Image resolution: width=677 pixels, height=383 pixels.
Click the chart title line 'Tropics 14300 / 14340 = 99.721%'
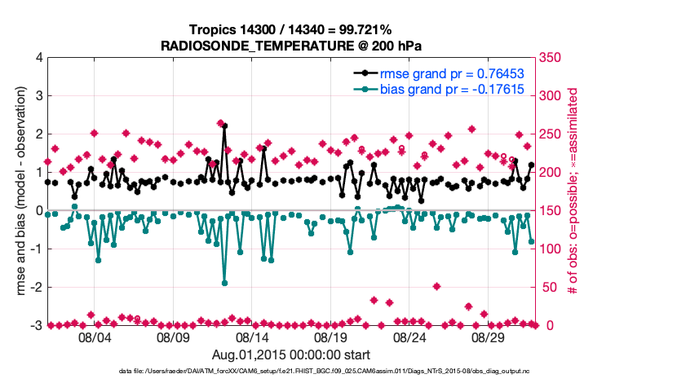(292, 29)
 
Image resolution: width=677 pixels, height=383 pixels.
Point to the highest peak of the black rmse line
(224, 126)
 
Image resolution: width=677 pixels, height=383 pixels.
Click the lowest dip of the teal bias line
(224, 283)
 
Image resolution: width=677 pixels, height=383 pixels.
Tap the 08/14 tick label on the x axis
(252, 337)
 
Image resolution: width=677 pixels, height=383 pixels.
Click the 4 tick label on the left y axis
(38, 58)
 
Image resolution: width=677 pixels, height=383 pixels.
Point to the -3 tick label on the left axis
(35, 326)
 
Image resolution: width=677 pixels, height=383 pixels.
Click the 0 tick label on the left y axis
(38, 211)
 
